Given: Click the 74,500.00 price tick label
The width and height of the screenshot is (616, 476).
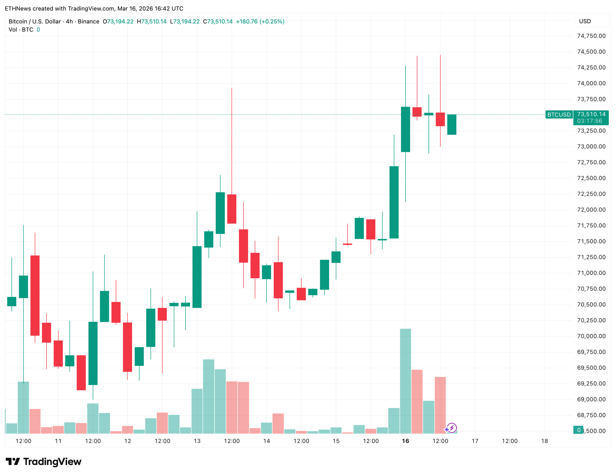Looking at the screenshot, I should point(591,52).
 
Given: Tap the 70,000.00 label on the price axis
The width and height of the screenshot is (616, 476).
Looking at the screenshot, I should point(591,336).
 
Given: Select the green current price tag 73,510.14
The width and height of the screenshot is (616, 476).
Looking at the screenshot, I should point(591,114).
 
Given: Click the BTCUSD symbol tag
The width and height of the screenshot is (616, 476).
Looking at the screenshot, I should point(559,115).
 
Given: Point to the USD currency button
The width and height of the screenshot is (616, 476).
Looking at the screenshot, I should point(585,21).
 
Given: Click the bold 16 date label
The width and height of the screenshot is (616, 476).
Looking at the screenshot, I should point(405,441).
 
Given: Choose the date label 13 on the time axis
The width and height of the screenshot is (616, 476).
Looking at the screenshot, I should point(197,441).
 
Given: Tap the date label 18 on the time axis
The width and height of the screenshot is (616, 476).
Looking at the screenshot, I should point(544,441).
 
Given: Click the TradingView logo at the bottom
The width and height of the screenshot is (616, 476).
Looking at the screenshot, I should point(44,462).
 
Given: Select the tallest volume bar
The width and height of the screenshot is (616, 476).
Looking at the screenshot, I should point(405,381).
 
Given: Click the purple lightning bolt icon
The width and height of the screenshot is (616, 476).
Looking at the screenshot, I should point(452,428).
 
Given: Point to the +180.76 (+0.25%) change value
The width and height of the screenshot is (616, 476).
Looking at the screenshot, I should point(260,21).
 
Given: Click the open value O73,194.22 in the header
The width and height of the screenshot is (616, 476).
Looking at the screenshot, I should point(118,21).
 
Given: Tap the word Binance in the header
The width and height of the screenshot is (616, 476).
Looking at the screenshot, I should point(88,21).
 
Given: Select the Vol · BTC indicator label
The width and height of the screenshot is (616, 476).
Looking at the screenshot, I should point(21,30).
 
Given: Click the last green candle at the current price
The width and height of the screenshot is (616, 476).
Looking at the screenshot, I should point(452,125).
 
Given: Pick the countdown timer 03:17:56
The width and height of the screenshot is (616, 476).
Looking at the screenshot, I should point(590,121).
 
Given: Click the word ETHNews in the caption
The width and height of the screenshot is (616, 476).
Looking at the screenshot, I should point(18,8).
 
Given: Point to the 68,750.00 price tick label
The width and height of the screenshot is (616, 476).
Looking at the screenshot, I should point(591,415).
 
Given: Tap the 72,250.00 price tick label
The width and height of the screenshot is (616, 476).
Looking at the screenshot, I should point(591,194).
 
